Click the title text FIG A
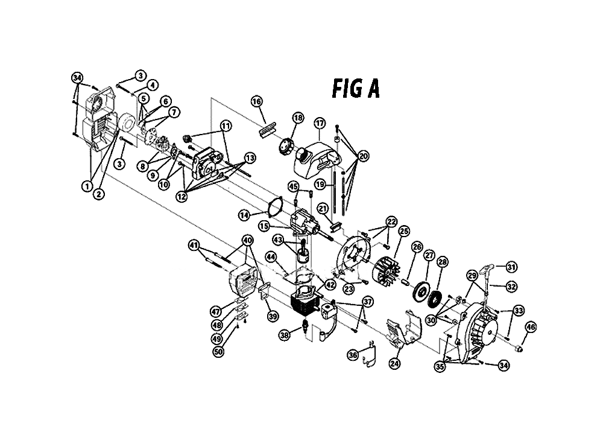pyautogui.click(x=356, y=89)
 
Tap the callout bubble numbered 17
pyautogui.click(x=320, y=124)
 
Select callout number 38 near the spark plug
pyautogui.click(x=284, y=335)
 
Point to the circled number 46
pyautogui.click(x=530, y=328)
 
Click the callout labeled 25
pyautogui.click(x=404, y=231)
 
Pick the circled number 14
pyautogui.click(x=244, y=215)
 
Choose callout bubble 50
pyautogui.click(x=218, y=352)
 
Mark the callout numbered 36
pyautogui.click(x=353, y=355)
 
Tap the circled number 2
pyautogui.click(x=99, y=194)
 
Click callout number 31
pyautogui.click(x=511, y=267)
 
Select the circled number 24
pyautogui.click(x=394, y=364)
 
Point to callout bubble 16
pyautogui.click(x=256, y=101)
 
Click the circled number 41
pyautogui.click(x=194, y=245)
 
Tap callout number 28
pyautogui.click(x=443, y=262)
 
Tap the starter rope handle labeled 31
pyautogui.click(x=487, y=269)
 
